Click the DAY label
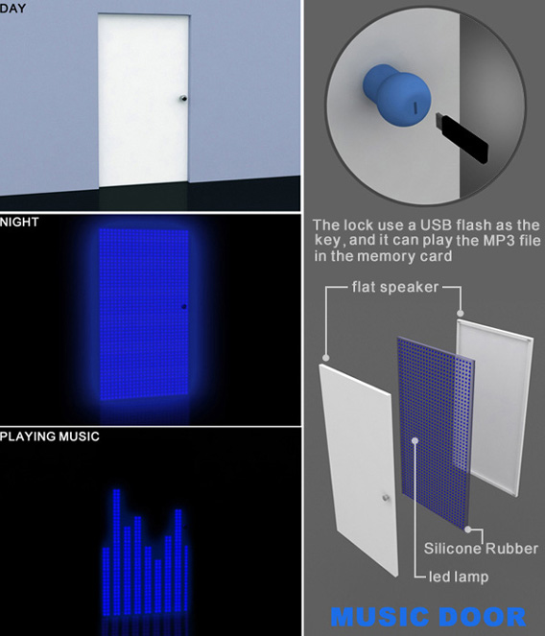coord(13,8)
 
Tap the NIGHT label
coord(19,222)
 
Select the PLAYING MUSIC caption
coord(50,436)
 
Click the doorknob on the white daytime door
coord(183,98)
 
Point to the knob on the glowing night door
coord(184,307)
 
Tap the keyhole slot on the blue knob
coord(415,107)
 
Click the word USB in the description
coord(437,224)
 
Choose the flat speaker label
coord(395,287)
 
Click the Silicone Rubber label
coord(481,549)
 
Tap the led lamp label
coord(459,577)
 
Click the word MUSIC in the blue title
coord(379,617)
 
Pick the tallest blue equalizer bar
coord(116,552)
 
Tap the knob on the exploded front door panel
coord(386,498)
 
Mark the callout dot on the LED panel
coord(415,440)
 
